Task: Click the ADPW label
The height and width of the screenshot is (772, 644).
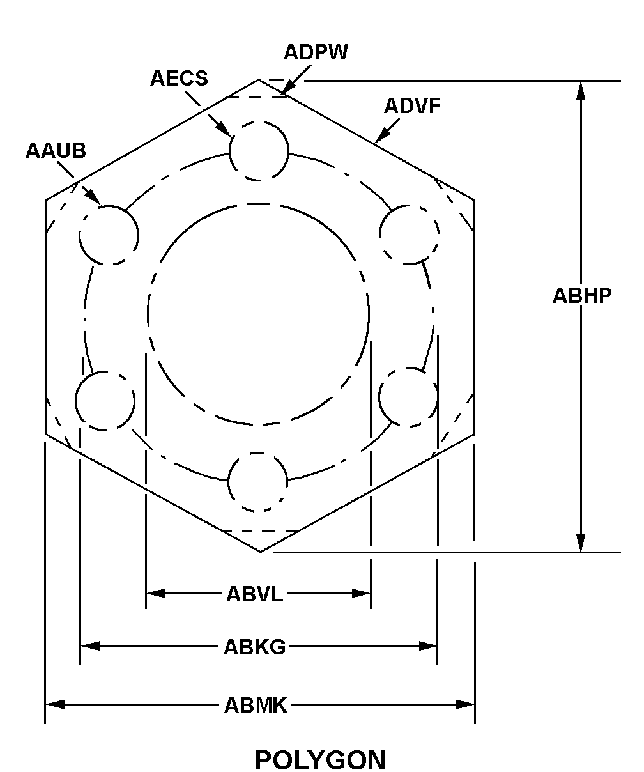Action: pos(316,52)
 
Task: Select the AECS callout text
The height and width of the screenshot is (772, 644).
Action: pos(179,79)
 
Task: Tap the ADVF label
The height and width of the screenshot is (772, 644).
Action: pos(412,106)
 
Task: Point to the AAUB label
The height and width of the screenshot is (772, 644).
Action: pos(56,150)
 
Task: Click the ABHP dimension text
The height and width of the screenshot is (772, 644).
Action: pos(582,296)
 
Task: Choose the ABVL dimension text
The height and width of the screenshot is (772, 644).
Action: pos(254,594)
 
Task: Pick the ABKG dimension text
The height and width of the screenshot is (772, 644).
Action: pos(255,647)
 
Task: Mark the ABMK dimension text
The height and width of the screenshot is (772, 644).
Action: pos(256,705)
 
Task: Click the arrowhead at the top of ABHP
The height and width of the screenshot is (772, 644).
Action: pos(581,91)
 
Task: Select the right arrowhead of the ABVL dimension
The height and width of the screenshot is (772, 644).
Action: pos(361,594)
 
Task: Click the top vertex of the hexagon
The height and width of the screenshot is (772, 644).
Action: pos(258,79)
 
